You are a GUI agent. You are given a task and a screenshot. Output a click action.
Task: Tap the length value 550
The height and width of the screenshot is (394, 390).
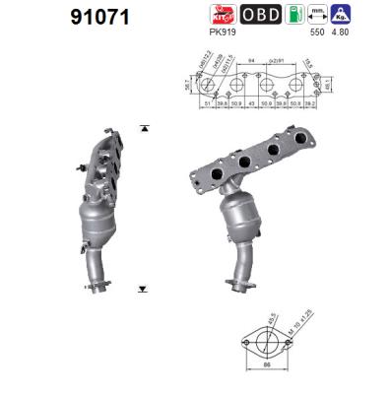pyautogui.click(x=318, y=33)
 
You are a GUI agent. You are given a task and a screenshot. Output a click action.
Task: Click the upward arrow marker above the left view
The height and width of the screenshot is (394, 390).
pyautogui.click(x=143, y=129)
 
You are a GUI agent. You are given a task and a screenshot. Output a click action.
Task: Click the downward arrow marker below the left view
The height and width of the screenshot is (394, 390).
pyautogui.click(x=143, y=289)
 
